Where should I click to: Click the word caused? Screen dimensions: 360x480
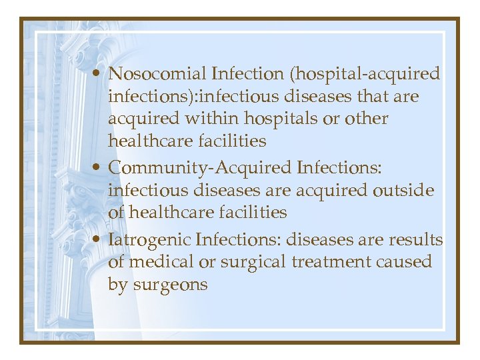coord(404,262)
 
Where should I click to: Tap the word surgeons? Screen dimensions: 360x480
coord(171,285)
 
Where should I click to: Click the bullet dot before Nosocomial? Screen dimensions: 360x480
coord(97,74)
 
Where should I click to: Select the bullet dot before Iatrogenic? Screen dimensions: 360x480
coord(97,239)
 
